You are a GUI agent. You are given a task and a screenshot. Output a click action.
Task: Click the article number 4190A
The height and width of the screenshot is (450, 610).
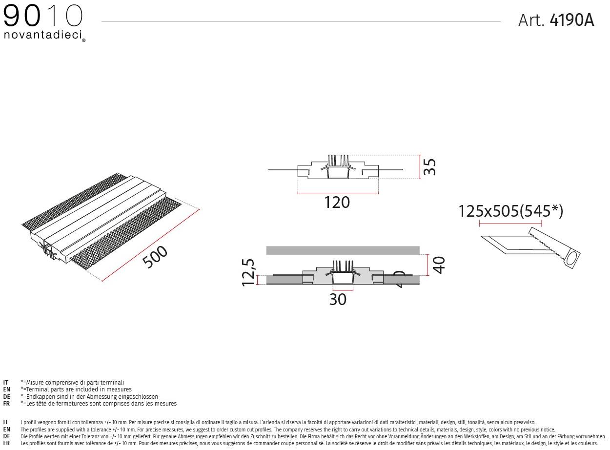coord(571,20)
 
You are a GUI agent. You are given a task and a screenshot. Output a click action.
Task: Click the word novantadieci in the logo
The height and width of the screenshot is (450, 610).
coord(43,35)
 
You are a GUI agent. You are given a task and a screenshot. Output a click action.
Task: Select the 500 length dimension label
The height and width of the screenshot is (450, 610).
coord(155,257)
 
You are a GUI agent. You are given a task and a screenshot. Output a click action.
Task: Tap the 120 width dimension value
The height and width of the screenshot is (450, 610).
coord(337,202)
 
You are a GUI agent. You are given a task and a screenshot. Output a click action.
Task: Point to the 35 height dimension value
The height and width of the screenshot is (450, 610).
coord(429,167)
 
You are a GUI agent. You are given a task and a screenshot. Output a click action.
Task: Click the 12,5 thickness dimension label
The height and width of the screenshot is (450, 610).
coord(248,272)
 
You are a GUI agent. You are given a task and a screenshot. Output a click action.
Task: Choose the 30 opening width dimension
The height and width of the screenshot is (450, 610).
coord(338,299)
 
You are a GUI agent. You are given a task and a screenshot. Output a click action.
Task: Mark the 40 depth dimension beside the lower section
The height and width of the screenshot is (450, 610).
coord(439,265)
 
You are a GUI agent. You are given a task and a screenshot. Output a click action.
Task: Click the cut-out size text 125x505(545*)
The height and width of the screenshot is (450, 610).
coord(510,211)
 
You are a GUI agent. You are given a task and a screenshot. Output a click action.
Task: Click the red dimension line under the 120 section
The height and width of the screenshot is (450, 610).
coord(337,193)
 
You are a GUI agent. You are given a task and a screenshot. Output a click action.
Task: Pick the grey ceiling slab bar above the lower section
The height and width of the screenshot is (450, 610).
coord(343,250)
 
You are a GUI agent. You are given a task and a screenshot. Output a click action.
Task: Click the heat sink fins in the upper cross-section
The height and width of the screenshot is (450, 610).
coord(338,161)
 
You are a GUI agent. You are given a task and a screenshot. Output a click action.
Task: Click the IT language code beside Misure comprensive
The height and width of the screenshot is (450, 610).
coord(6,383)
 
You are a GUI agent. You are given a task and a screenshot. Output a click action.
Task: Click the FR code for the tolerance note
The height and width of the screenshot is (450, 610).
coord(6,443)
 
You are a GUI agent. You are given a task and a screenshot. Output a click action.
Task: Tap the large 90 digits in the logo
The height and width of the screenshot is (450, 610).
coord(21,17)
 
